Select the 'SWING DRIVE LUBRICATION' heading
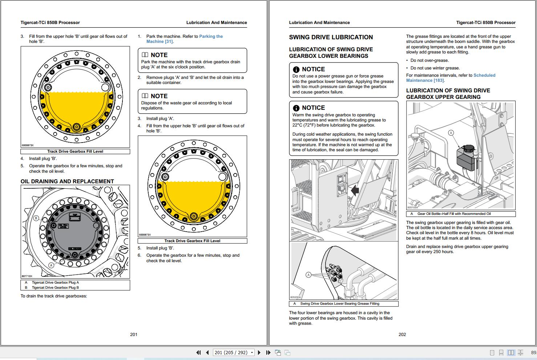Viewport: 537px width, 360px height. pyautogui.click(x=331, y=37)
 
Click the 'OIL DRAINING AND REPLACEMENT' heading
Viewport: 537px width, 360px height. pyautogui.click(x=67, y=181)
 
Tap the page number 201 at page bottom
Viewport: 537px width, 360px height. pyautogui.click(x=134, y=335)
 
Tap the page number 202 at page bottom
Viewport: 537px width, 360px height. pyautogui.click(x=402, y=335)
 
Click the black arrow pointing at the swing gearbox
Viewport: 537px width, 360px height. pyautogui.click(x=355, y=190)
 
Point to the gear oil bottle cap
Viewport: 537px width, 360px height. pyautogui.click(x=469, y=148)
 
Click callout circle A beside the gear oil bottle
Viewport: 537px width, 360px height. pyautogui.click(x=451, y=133)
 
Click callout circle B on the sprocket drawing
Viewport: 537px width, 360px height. pyautogui.click(x=36, y=219)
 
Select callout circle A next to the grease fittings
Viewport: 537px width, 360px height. pyautogui.click(x=308, y=275)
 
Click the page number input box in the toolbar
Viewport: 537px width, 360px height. pyautogui.click(x=231, y=352)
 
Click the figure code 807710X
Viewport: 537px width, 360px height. pyautogui.click(x=27, y=276)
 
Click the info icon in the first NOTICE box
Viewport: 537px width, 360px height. pyautogui.click(x=296, y=69)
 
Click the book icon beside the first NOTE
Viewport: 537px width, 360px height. pyautogui.click(x=145, y=55)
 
